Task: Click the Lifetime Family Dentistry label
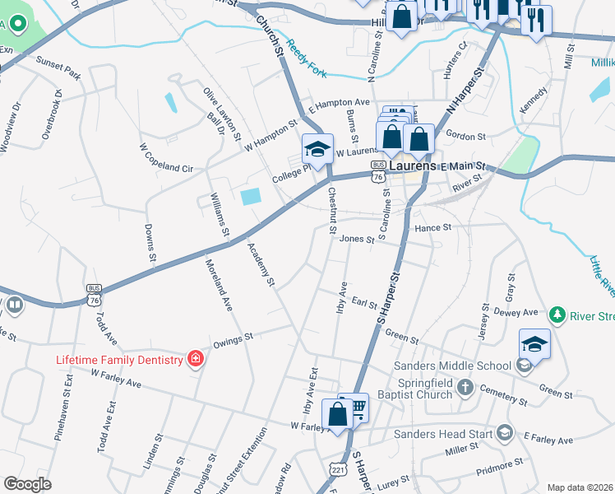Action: tap(118, 360)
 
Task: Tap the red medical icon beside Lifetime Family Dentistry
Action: tap(195, 358)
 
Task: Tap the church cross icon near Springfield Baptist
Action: tap(465, 386)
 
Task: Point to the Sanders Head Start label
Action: tap(442, 433)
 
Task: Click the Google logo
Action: tap(27, 484)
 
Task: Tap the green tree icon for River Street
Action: tap(557, 315)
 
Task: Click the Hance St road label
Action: tap(433, 227)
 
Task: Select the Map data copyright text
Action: tap(580, 487)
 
